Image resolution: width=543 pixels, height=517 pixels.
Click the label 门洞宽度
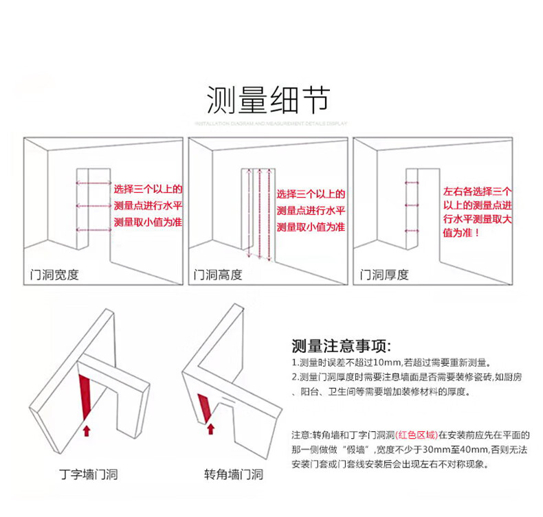(x=55, y=275)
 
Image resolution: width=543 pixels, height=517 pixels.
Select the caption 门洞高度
(x=219, y=275)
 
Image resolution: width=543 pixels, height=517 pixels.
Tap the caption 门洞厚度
(x=384, y=275)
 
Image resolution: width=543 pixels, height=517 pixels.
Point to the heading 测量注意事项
(x=341, y=345)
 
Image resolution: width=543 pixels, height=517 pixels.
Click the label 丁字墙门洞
(x=89, y=474)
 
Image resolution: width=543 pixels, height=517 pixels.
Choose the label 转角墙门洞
(x=233, y=474)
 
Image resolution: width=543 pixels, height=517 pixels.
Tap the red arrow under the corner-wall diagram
(x=211, y=429)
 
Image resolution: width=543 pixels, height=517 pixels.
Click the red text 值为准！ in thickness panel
(x=462, y=233)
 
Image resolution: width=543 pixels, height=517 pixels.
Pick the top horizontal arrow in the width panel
(x=93, y=183)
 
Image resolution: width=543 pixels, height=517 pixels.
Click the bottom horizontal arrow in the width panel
(x=93, y=229)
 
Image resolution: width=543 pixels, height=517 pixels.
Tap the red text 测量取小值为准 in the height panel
(x=311, y=227)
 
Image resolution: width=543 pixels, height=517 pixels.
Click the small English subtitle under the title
(x=271, y=124)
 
